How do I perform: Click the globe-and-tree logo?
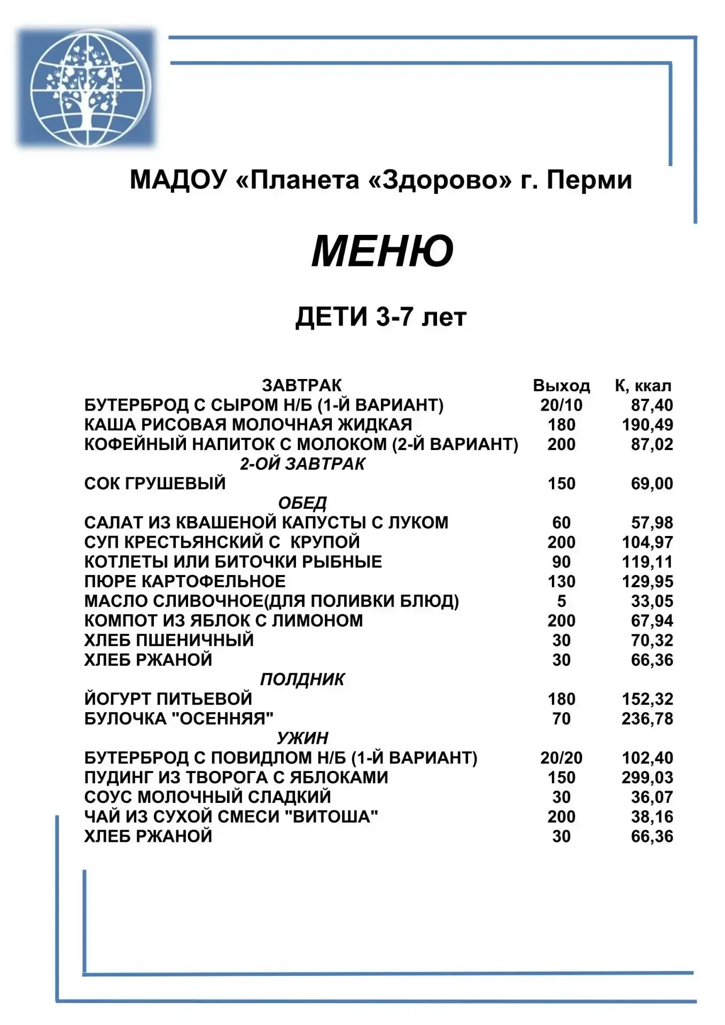[86, 86]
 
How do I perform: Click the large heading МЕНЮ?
[382, 251]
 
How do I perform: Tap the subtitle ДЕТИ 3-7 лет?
[381, 317]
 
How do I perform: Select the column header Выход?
[561, 385]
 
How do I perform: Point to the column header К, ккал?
[643, 385]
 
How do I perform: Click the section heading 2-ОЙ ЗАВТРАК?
[302, 464]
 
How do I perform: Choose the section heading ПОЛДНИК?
[302, 679]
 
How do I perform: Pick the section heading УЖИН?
[302, 738]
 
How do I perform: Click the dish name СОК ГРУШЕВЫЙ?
[155, 484]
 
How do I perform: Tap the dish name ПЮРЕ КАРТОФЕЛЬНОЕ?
[185, 581]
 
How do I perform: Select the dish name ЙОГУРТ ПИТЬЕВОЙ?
[168, 699]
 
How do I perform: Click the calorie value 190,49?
[647, 425]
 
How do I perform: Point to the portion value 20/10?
[561, 405]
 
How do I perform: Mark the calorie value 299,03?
[647, 777]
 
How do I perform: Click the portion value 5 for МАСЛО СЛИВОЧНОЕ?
[561, 601]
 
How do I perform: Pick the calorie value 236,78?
[647, 719]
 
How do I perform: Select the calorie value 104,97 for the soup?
[647, 542]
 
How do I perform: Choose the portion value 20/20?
[561, 758]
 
